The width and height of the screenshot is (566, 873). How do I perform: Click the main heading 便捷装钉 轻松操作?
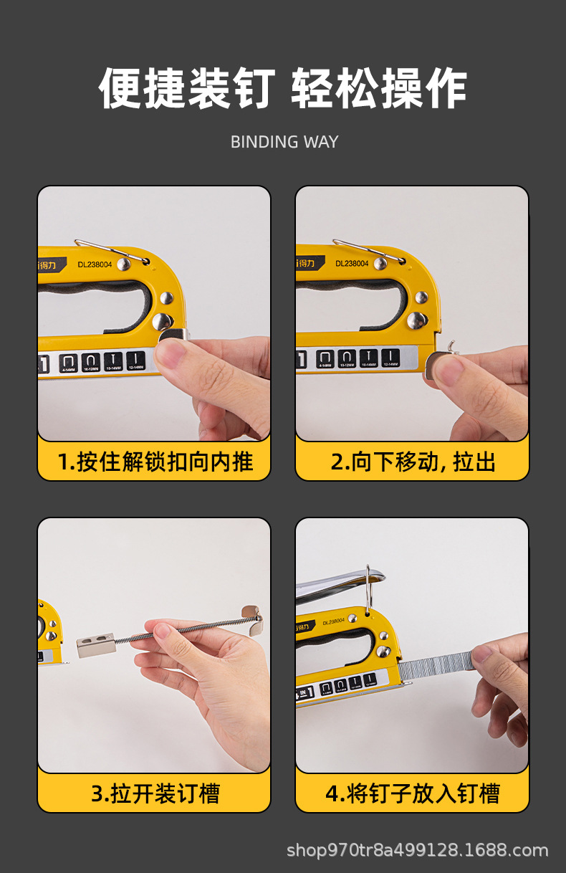283,90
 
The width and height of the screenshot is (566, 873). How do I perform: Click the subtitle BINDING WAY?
284,142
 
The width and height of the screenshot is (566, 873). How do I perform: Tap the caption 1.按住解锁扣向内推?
155,462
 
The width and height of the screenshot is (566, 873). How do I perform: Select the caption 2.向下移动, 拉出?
413,462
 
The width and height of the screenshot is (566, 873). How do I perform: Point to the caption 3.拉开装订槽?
155,793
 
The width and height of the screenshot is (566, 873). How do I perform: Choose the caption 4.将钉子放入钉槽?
413,793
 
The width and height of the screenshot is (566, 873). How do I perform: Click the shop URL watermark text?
417,851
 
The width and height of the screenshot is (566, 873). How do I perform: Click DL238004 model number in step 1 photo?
95,264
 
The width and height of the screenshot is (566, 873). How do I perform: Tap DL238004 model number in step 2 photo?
352,264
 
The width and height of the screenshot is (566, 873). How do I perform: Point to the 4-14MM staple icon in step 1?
69,362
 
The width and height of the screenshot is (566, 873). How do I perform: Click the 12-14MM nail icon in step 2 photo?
390,358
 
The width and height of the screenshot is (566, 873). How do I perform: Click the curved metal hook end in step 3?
251,616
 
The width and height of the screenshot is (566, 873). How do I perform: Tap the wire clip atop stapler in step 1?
107,248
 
